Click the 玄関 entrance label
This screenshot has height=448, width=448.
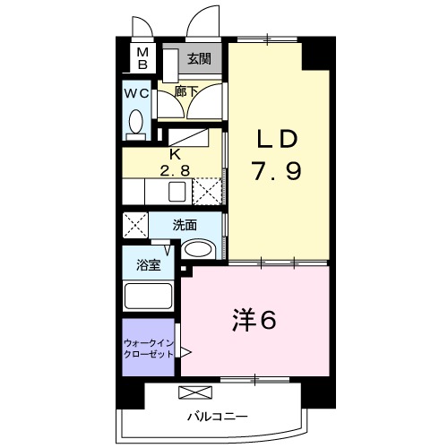tap(200, 59)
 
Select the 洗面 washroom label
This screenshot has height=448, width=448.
tap(185, 225)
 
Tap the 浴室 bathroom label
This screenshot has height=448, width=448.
tap(148, 265)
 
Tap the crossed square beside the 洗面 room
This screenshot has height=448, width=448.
tap(135, 225)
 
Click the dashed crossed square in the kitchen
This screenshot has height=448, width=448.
tap(208, 191)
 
